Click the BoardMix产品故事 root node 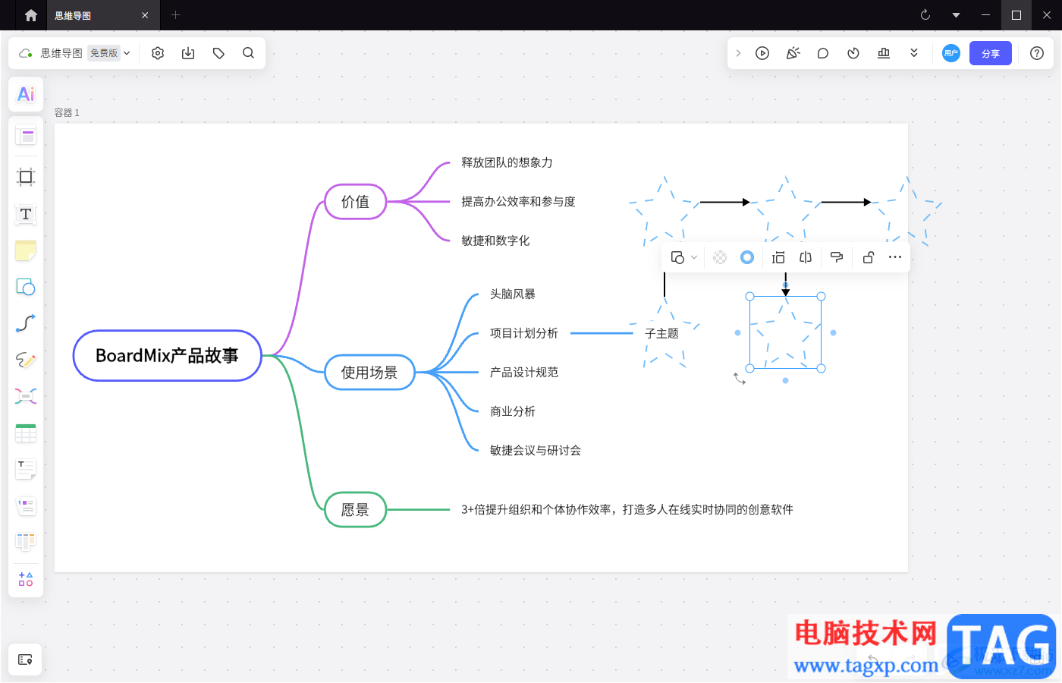point(167,356)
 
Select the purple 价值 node point(355,202)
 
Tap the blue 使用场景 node point(369,373)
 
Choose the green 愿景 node point(355,510)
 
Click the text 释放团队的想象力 point(507,162)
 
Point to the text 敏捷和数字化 point(495,241)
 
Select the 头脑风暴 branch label point(512,294)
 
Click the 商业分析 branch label point(512,411)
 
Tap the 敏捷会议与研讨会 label point(535,451)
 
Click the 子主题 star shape point(662,334)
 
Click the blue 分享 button point(990,53)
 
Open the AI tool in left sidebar point(26,94)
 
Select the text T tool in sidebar point(26,214)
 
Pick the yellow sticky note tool point(26,250)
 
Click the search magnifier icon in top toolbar point(248,53)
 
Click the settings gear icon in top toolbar point(158,53)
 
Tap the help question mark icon point(1036,53)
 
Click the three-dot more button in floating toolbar point(895,257)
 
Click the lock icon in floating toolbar point(868,257)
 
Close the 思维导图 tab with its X point(145,15)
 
